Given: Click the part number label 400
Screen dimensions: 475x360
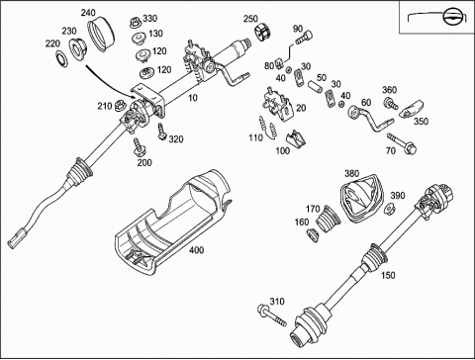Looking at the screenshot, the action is (x=196, y=250).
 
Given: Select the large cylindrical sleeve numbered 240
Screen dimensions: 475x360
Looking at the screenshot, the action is (x=102, y=36).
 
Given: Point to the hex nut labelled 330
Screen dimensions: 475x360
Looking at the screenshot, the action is (x=136, y=23).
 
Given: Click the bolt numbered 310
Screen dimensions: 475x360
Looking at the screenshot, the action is (x=272, y=315).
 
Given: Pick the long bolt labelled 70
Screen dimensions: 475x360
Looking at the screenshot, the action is (x=402, y=143).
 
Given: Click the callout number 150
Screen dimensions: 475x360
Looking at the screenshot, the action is (x=388, y=275).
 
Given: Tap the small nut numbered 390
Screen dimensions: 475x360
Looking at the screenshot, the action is (x=389, y=209).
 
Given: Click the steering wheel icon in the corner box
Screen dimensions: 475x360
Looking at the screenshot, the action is (x=450, y=16).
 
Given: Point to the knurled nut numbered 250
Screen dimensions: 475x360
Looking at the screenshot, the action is (x=263, y=32).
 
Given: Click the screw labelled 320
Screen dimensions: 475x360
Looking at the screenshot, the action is (x=161, y=132).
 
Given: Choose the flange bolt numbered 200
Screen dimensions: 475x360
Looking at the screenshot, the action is (x=139, y=147).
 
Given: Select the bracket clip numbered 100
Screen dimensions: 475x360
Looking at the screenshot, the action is (x=296, y=138).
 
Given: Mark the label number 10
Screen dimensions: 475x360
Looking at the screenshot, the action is (x=192, y=98).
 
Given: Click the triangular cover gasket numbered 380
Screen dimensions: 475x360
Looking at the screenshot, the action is (x=361, y=199).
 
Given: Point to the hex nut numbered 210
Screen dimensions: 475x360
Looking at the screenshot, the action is (x=119, y=106).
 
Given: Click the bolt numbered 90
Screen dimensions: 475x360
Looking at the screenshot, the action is (x=304, y=38).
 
